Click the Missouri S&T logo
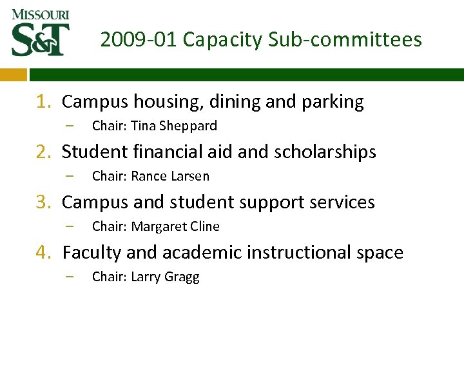(x=40, y=32)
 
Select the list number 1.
(x=43, y=102)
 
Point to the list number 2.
(x=43, y=152)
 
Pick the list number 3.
(x=43, y=203)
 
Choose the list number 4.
(x=43, y=253)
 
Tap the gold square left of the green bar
(x=13, y=74)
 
